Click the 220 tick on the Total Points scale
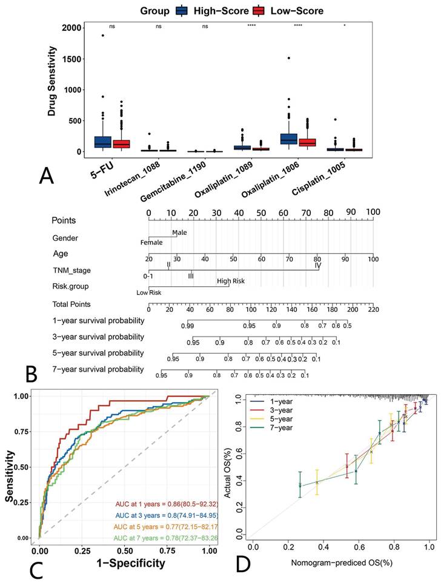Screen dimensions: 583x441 click(374, 310)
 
